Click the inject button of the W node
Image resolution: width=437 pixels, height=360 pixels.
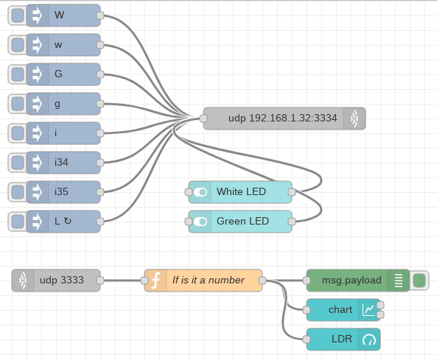(18, 15)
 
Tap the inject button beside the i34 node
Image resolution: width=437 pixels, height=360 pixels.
(18, 163)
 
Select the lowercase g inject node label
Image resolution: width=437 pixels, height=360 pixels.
(57, 104)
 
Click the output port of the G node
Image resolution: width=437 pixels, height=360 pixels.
(100, 74)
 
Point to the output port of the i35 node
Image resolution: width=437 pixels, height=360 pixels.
(100, 192)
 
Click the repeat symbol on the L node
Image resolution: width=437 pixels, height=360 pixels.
(68, 221)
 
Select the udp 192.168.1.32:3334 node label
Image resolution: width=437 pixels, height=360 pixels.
(282, 118)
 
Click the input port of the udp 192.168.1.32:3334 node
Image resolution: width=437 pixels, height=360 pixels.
(203, 119)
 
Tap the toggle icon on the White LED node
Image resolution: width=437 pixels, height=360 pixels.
(200, 192)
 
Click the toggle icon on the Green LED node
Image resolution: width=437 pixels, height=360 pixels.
(200, 222)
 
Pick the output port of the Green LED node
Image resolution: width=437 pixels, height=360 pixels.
(292, 222)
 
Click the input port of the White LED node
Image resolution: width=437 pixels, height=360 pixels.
(189, 192)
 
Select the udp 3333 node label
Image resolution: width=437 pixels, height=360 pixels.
(62, 280)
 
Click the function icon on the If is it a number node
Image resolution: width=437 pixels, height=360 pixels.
(155, 280)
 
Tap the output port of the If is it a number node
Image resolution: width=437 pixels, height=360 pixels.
(262, 280)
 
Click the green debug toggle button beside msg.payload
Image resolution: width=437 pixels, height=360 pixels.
(419, 280)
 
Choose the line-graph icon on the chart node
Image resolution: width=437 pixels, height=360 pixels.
(368, 310)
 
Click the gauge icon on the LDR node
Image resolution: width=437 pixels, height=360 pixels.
(369, 339)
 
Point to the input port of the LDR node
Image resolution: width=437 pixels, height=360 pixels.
(307, 339)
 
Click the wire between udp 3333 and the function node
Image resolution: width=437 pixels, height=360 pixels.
(122, 280)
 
